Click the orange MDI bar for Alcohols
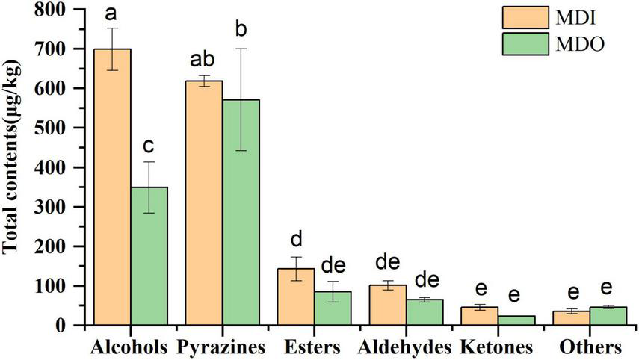pos(112,187)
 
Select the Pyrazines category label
pos(222,347)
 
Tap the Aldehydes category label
pos(404,347)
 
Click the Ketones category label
pos(496,347)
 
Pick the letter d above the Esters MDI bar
pos(295,240)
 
